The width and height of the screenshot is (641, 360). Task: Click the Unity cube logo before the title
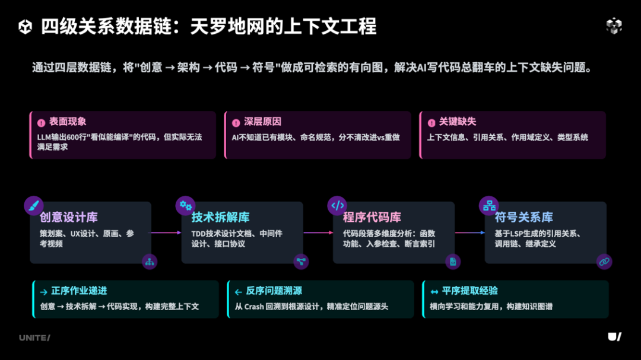(26, 27)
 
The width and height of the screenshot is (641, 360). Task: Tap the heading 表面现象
(67, 122)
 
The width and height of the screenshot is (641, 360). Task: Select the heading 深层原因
(262, 122)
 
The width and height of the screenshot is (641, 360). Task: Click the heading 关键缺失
(457, 122)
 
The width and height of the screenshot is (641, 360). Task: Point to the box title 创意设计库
(69, 217)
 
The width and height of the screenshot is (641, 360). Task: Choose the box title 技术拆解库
(220, 217)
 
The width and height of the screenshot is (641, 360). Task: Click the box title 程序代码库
(372, 217)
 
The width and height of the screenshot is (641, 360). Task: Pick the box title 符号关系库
(523, 217)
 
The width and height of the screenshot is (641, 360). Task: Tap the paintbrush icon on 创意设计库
(34, 206)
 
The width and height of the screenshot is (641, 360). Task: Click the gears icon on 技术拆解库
(185, 206)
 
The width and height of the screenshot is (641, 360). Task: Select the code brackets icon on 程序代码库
(337, 206)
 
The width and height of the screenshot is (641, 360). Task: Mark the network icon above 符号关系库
(489, 206)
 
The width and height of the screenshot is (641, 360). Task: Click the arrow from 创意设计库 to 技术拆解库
(166, 232)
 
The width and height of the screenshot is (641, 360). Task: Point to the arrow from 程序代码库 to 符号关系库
(470, 232)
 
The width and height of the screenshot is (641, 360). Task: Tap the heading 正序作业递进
(79, 291)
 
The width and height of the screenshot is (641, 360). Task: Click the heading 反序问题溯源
(274, 291)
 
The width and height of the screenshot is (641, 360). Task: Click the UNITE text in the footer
(34, 337)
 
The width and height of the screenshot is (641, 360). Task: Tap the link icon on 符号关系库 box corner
(604, 261)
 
